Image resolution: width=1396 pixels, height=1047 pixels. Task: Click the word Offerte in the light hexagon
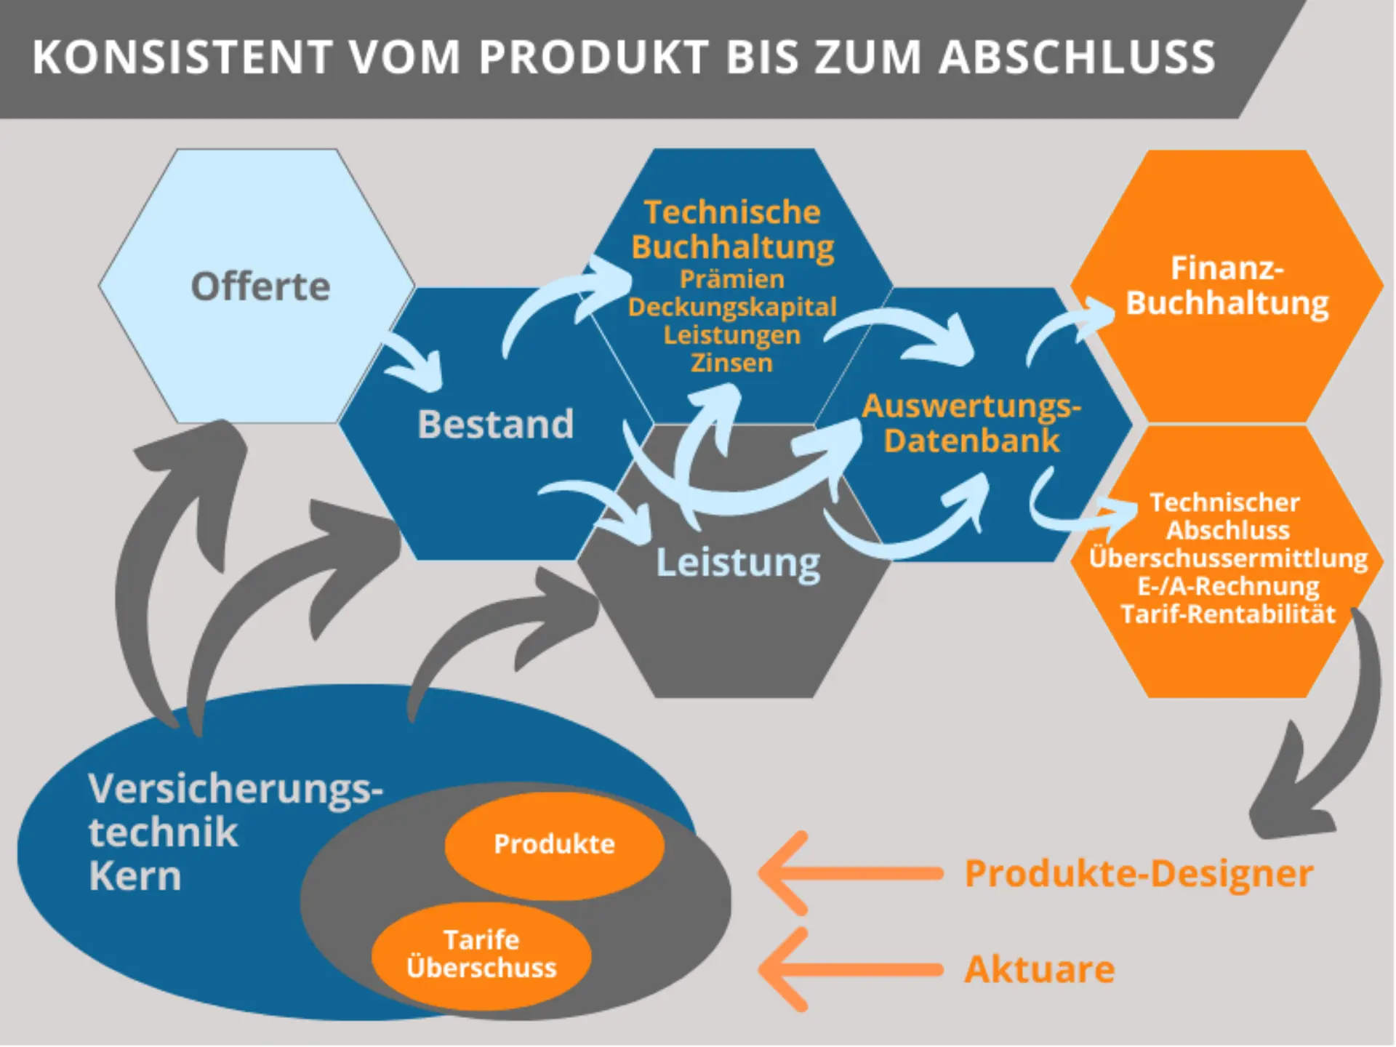tap(260, 286)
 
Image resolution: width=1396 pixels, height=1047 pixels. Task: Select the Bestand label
tap(495, 424)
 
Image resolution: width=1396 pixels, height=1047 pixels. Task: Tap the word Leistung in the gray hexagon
tap(738, 562)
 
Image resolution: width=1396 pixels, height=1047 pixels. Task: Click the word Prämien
tap(731, 279)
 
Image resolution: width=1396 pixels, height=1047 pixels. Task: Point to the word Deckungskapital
tap(731, 307)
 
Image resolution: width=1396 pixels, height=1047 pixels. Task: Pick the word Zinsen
tap(731, 363)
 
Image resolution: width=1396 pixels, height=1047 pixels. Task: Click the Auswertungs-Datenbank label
tap(971, 423)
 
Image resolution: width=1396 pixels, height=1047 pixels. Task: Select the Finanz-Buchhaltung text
tap(1227, 286)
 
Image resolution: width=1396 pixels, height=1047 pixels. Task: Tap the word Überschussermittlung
tap(1227, 558)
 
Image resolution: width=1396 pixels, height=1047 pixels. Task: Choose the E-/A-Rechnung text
tap(1227, 586)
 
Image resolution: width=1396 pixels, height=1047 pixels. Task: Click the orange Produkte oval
tap(554, 844)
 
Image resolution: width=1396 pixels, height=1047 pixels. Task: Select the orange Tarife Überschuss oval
tap(481, 955)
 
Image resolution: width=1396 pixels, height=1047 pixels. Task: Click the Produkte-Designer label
tap(1138, 873)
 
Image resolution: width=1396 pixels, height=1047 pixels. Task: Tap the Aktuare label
tap(1039, 969)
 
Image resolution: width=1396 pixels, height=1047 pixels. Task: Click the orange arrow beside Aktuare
tap(843, 969)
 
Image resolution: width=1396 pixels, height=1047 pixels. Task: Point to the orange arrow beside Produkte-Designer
tap(843, 873)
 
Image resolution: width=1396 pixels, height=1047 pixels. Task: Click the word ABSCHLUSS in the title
tap(1077, 57)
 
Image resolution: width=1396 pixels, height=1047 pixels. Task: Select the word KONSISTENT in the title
tap(182, 57)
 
